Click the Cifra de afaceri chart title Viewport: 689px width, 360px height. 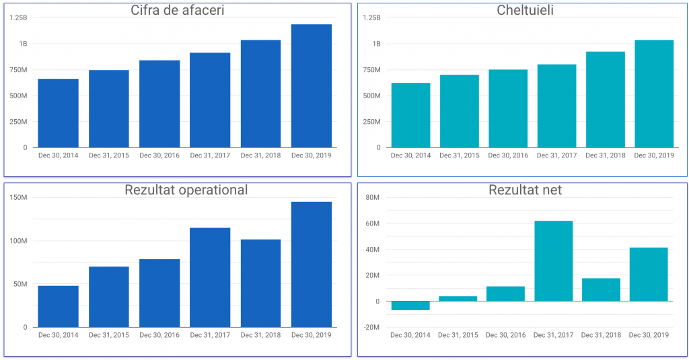coord(178,10)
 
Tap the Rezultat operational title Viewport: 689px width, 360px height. coord(186,190)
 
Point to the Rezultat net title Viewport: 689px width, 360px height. coord(525,190)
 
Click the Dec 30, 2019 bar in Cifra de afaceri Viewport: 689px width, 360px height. coord(312,85)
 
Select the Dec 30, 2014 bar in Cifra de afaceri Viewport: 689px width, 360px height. coord(58,113)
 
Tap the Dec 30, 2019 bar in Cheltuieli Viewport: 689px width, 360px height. coord(654,94)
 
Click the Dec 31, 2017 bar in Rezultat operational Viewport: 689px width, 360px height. coord(210,277)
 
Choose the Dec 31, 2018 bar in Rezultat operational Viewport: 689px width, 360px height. coord(260,283)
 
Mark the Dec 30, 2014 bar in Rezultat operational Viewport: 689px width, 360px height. coord(58,306)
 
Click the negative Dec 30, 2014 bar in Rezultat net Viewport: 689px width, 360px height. coord(410,305)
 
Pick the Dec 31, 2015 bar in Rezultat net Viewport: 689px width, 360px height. coord(458,299)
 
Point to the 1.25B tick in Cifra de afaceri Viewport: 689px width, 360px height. coord(19,17)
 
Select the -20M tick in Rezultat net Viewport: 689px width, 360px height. coord(371,328)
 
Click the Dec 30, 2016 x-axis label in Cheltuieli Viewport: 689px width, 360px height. coord(508,155)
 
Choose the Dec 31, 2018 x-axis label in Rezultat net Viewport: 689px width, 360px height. coord(601,335)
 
